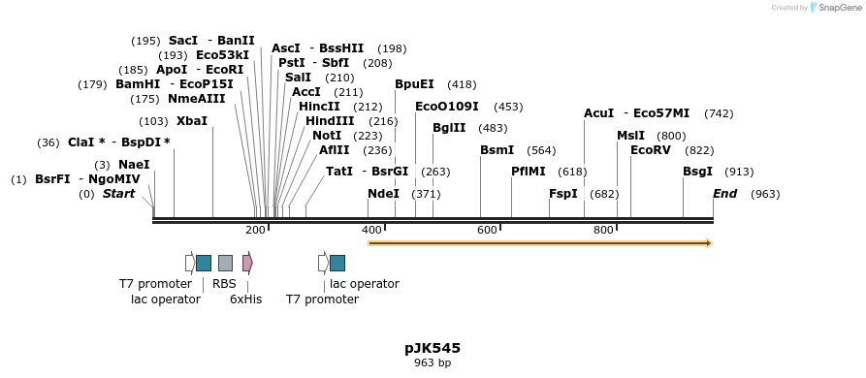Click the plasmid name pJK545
tap(433, 348)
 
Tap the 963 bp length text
tap(433, 363)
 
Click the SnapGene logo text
tap(837, 8)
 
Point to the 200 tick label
tap(255, 230)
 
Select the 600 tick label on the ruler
tap(487, 230)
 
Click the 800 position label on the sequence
tap(603, 230)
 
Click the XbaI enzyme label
tap(192, 121)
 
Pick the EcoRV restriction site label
tap(651, 150)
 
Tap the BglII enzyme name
tap(449, 128)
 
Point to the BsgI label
tap(697, 172)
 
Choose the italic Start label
tap(118, 194)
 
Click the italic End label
tap(724, 194)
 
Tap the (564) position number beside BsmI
tap(541, 150)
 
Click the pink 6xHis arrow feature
tap(247, 263)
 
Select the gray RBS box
tap(225, 263)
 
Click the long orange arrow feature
tap(540, 243)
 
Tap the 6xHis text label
tap(245, 299)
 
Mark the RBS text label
tap(224, 284)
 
